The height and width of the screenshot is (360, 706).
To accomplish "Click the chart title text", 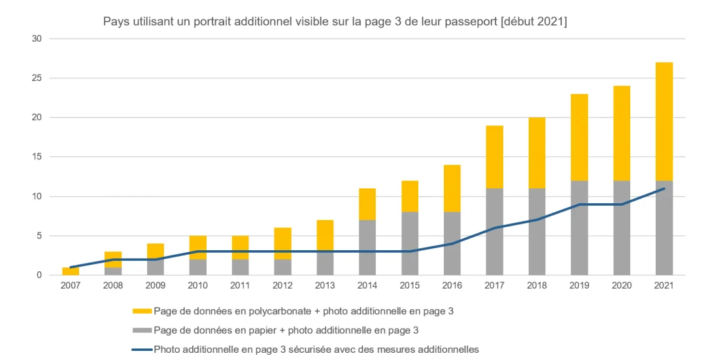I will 335,22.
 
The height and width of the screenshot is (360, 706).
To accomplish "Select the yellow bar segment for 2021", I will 664,122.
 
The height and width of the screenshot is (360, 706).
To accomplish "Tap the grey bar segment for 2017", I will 495,231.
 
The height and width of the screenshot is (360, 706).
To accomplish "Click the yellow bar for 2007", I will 71,270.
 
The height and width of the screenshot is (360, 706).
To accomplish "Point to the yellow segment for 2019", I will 579,137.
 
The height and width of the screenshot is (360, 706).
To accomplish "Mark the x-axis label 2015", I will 410,286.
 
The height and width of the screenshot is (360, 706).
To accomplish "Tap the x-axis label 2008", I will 113,286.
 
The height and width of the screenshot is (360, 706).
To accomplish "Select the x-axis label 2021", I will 664,286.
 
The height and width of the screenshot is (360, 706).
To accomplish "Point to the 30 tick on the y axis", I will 37,39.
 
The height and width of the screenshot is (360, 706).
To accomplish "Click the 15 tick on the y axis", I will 37,157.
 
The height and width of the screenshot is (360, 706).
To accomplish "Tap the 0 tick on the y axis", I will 39,275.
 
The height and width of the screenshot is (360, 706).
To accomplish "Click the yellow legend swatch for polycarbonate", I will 142,311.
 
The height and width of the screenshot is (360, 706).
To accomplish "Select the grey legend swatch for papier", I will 142,330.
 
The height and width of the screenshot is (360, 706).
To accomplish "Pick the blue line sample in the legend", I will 142,350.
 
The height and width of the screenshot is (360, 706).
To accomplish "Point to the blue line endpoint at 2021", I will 664,188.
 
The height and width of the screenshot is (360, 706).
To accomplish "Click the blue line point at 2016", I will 452,244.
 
